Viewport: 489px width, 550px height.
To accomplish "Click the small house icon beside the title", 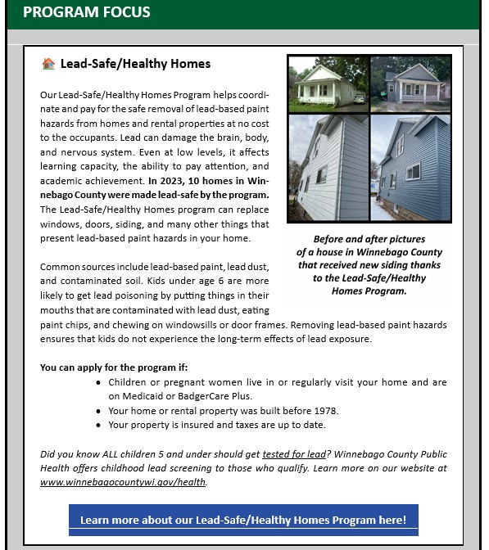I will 48,64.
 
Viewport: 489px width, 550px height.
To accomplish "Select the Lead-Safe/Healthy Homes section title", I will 135,64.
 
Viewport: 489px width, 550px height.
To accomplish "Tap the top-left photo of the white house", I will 328,84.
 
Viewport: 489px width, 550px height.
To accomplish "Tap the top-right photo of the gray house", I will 410,84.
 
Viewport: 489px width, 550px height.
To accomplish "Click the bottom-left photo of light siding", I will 328,167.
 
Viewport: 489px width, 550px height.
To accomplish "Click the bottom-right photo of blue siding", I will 410,167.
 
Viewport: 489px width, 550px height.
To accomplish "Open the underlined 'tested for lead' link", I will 293,454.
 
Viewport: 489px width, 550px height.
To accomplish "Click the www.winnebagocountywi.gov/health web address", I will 123,482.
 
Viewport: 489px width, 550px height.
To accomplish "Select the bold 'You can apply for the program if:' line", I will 114,367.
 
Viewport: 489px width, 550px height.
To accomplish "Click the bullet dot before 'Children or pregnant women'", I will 99,383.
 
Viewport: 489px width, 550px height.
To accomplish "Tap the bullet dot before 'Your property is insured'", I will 99,426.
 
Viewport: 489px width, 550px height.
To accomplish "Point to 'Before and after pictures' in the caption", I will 369,239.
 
